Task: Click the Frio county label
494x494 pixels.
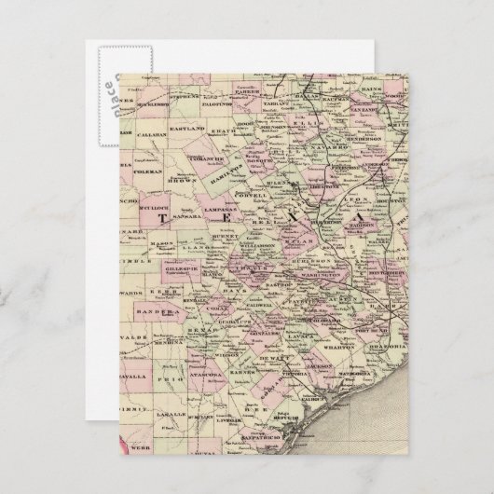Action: [x=174, y=381]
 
